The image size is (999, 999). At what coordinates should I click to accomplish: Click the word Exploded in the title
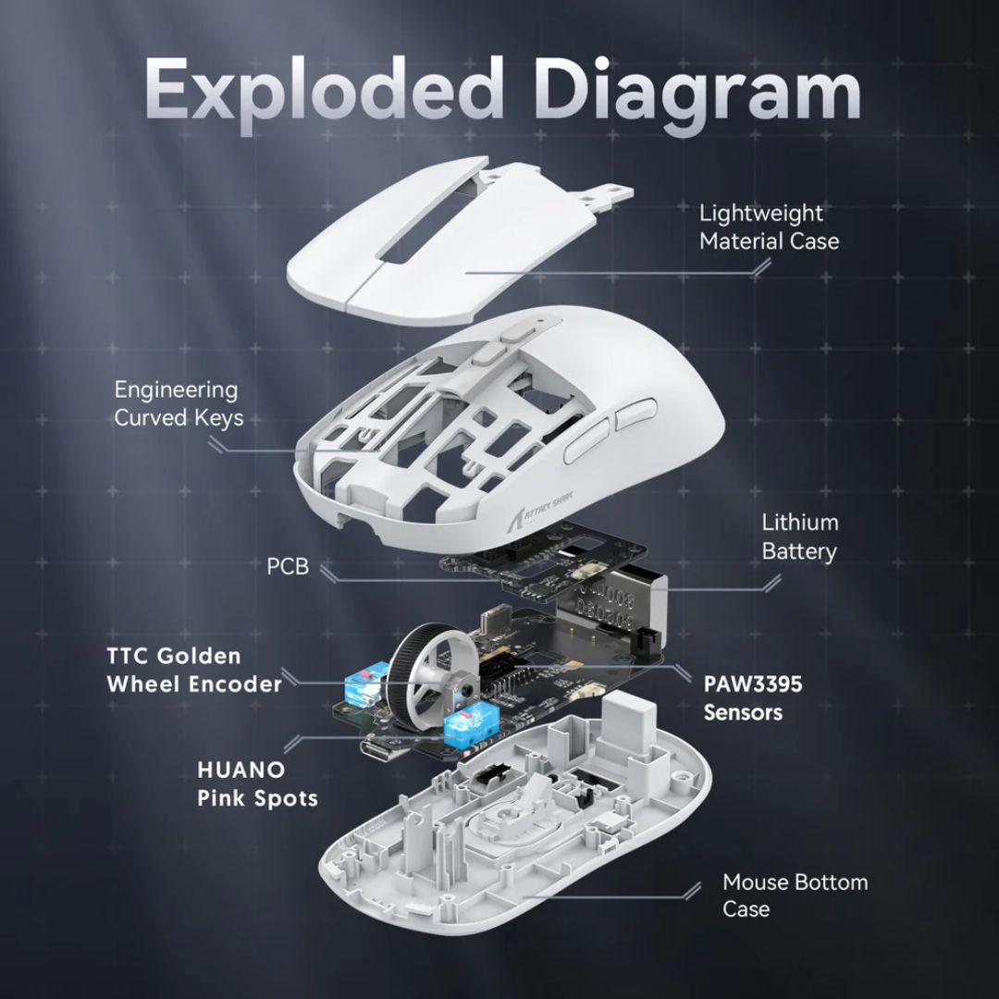324,89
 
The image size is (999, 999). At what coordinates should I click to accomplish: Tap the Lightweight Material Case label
769,228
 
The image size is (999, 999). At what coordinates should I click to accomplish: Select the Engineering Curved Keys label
179,404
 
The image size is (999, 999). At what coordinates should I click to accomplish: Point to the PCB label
288,566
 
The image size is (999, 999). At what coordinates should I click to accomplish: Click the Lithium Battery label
799,536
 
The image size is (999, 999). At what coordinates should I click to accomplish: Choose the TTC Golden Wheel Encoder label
194,670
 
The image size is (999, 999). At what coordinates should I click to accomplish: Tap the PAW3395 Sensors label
752,697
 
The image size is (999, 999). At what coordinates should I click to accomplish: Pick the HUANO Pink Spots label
257,783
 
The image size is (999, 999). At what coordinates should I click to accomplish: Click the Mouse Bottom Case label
795,895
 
